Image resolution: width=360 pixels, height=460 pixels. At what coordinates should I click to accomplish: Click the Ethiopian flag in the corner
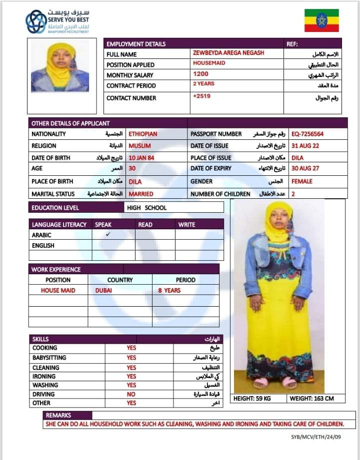coord(321,20)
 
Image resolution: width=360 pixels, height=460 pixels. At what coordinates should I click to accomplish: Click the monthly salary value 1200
coord(201,74)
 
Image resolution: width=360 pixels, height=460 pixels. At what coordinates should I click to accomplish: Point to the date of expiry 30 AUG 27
coord(305,169)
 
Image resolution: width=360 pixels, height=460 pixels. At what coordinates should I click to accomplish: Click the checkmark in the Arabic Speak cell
coord(108,234)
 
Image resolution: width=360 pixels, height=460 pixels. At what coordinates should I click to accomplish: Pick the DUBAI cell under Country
coord(103,290)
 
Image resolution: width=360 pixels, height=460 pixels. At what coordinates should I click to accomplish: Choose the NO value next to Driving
coord(131,394)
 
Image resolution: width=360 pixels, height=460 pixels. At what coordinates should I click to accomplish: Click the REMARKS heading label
coord(58,415)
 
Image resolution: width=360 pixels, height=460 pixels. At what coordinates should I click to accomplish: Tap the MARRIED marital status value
coord(141,194)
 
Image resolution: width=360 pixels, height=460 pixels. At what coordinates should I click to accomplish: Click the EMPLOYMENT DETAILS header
coord(136,44)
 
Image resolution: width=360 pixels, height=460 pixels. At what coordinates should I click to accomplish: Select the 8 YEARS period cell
coord(169,290)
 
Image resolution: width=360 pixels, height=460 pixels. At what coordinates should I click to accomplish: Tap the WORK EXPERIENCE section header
coord(56,269)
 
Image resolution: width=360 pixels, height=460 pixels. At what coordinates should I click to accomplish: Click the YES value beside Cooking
coord(131,348)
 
